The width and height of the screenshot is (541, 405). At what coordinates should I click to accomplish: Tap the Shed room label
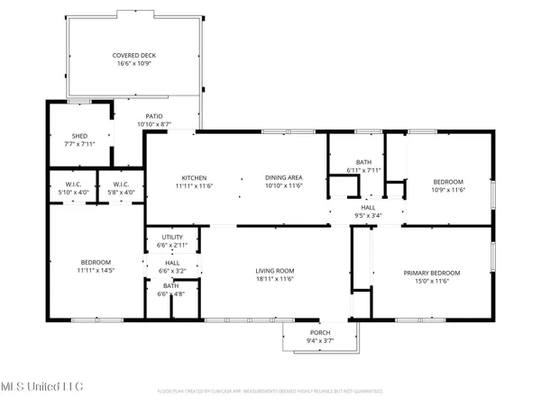(x=56, y=136)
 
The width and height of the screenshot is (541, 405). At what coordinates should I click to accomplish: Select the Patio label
(x=154, y=116)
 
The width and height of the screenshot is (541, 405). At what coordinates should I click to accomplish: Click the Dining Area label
(x=282, y=177)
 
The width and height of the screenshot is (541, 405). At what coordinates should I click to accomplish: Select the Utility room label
(x=172, y=238)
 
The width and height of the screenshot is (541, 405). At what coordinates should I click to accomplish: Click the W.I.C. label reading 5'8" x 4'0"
(x=121, y=184)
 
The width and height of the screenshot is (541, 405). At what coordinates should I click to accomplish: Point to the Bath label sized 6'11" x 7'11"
(x=364, y=162)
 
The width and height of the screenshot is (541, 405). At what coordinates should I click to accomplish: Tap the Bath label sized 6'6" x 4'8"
(x=170, y=286)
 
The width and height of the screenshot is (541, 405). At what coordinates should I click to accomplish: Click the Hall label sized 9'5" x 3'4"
(x=369, y=209)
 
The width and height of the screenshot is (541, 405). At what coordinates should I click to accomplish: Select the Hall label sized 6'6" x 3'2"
(x=172, y=263)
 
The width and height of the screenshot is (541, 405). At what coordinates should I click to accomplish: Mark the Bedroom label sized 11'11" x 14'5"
(x=94, y=262)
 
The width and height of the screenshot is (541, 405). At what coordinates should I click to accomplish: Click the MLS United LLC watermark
(x=41, y=385)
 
